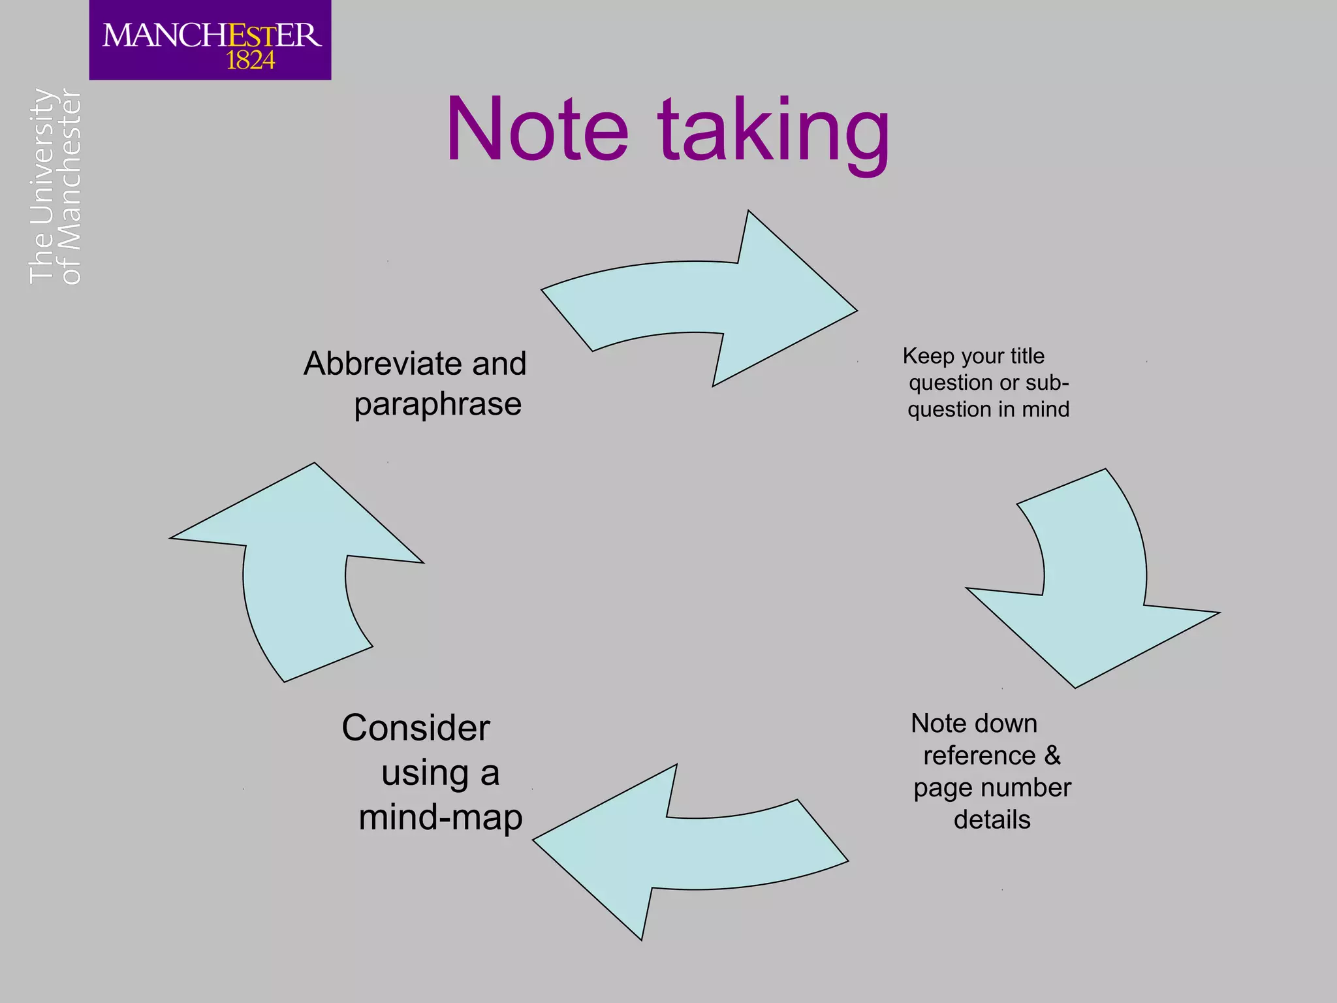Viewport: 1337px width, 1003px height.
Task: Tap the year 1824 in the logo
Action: [x=250, y=61]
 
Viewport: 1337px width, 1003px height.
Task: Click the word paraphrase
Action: [x=437, y=404]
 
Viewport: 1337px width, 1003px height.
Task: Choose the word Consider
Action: [x=416, y=728]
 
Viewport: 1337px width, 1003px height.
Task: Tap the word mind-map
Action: [x=441, y=818]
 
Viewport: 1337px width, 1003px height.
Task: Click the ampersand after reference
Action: [x=1052, y=756]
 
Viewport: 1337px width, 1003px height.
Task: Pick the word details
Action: [x=992, y=820]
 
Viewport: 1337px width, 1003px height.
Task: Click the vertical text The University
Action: [x=40, y=186]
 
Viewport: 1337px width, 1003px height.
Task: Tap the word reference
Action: [x=979, y=756]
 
